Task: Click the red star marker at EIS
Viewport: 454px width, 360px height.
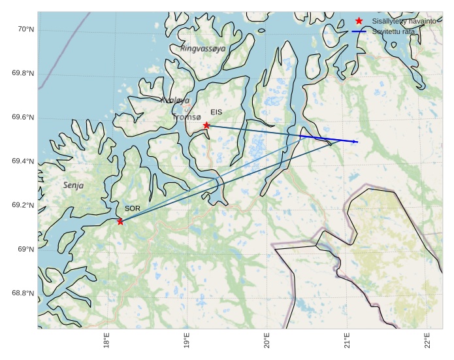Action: point(206,125)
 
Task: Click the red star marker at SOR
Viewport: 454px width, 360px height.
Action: point(120,221)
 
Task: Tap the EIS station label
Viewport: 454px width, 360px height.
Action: point(216,112)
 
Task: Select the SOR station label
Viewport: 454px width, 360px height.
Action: point(133,208)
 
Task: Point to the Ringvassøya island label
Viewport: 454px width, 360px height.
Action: point(203,48)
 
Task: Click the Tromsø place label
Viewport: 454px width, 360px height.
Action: point(187,118)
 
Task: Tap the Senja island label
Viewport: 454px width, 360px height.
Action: point(73,186)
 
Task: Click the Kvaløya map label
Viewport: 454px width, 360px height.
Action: point(175,101)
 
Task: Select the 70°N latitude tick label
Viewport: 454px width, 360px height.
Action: point(25,29)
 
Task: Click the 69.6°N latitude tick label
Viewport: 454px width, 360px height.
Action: point(23,118)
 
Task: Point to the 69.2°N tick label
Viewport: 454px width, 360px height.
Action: point(23,206)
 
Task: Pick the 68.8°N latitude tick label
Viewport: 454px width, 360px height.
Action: point(23,293)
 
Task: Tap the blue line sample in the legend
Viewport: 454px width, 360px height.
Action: point(359,31)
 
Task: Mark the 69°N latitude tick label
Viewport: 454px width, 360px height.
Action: point(25,250)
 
